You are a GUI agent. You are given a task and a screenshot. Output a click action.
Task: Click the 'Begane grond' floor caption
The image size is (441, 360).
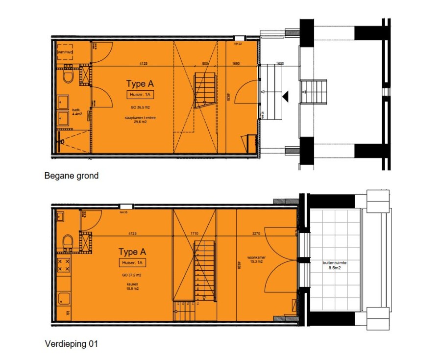click(x=71, y=176)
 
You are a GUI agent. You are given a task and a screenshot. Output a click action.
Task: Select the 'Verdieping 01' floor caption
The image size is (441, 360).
click(x=71, y=344)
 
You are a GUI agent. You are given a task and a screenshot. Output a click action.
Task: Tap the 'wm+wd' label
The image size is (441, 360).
click(x=65, y=52)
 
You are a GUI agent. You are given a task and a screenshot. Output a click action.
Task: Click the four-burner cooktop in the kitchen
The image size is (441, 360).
click(x=64, y=266)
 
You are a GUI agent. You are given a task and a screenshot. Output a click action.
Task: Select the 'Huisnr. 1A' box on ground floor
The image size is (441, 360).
click(x=140, y=95)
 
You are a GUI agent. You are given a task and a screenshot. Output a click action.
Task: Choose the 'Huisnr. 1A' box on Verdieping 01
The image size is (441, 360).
click(x=132, y=263)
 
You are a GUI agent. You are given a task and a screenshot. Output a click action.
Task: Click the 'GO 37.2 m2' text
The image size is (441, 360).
click(x=132, y=275)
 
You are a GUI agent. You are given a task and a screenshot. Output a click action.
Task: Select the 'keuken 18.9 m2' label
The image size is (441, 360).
click(x=131, y=287)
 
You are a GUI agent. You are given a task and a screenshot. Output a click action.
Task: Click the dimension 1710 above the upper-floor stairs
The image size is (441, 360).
click(x=194, y=234)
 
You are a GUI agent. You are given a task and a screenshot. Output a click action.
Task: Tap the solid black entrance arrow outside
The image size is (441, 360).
click(x=285, y=97)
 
